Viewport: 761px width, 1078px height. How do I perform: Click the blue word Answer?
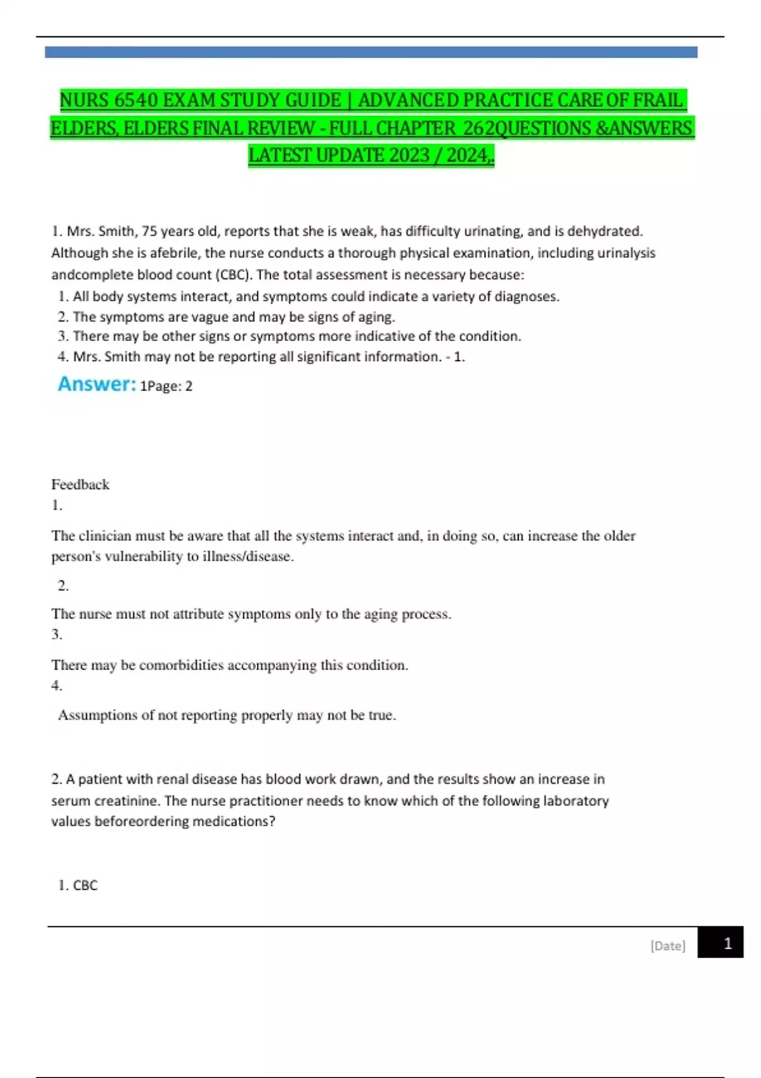click(96, 384)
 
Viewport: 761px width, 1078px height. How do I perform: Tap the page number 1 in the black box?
click(727, 944)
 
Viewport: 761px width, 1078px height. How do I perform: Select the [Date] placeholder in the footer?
click(668, 945)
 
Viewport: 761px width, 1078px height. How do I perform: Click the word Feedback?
click(80, 484)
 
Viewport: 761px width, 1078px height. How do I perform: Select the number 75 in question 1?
click(150, 231)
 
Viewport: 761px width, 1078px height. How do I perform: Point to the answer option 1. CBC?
click(78, 885)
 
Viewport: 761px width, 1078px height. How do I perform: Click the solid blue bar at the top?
click(371, 52)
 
